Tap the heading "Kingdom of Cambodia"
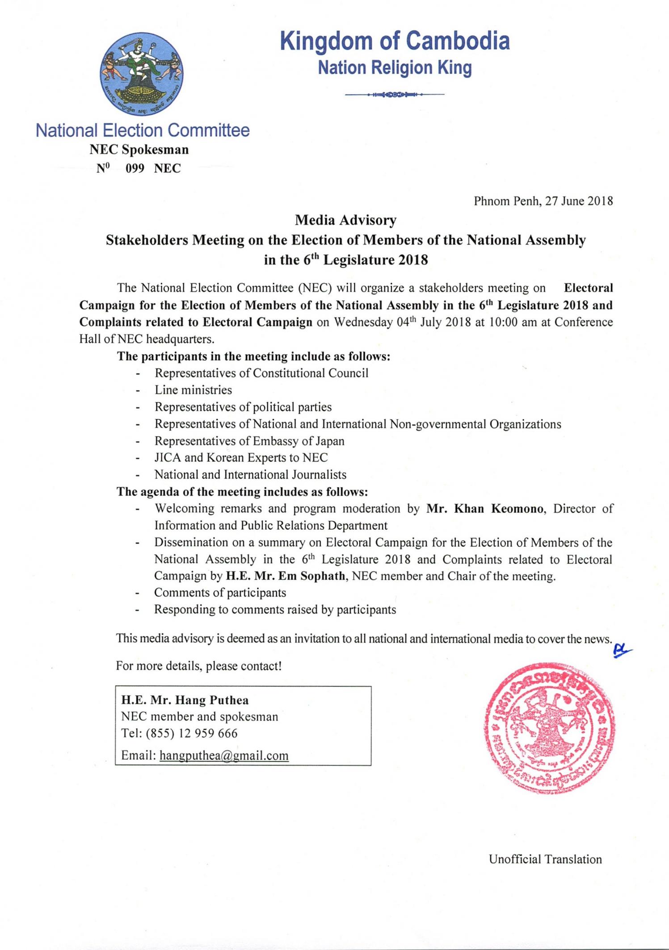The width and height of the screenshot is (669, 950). pyautogui.click(x=395, y=41)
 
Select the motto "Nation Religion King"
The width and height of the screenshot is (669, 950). pyautogui.click(x=395, y=68)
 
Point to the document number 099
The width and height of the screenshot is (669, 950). pyautogui.click(x=135, y=168)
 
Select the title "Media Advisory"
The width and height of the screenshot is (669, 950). pyautogui.click(x=345, y=220)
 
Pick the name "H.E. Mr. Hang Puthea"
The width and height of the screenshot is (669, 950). pyautogui.click(x=185, y=700)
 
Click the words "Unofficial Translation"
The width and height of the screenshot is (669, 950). pyautogui.click(x=545, y=859)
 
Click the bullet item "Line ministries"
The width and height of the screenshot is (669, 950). pyautogui.click(x=193, y=390)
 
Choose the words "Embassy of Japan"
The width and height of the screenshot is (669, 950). pyautogui.click(x=299, y=441)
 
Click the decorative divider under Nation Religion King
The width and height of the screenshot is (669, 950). pyautogui.click(x=395, y=95)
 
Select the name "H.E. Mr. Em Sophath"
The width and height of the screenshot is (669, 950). pyautogui.click(x=286, y=576)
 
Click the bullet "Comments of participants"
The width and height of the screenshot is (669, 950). pyautogui.click(x=220, y=593)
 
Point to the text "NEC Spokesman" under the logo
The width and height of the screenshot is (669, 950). pyautogui.click(x=139, y=150)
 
